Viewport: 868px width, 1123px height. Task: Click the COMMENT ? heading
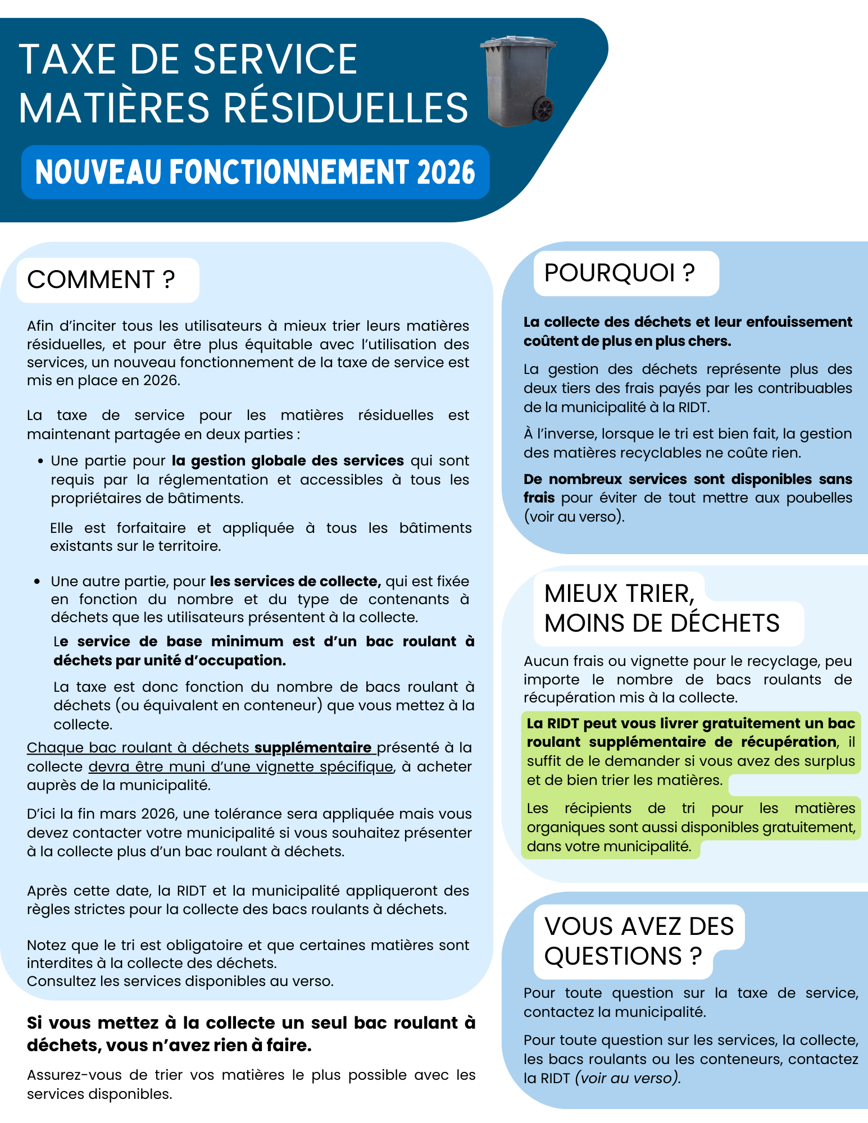pyautogui.click(x=101, y=280)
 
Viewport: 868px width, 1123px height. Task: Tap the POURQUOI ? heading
pyautogui.click(x=619, y=273)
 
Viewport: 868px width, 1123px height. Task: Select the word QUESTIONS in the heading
pyautogui.click(x=613, y=956)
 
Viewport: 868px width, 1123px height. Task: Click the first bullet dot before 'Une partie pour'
pyautogui.click(x=40, y=462)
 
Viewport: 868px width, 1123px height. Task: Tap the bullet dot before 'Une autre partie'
pyautogui.click(x=37, y=582)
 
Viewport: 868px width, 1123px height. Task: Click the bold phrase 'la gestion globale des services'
pyautogui.click(x=288, y=461)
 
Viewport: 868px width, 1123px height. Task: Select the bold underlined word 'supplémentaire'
pyautogui.click(x=312, y=748)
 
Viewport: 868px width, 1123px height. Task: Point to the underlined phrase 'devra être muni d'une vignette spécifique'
pyautogui.click(x=241, y=767)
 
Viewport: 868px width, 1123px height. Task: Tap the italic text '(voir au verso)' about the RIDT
pyautogui.click(x=628, y=1078)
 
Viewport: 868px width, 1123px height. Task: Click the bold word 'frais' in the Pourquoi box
pyautogui.click(x=539, y=498)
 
